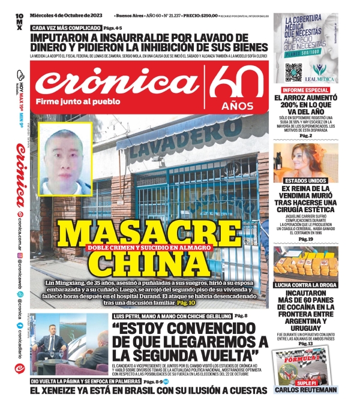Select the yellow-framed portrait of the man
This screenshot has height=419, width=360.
click(67, 159)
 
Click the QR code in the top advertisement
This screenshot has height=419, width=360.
click(293, 71)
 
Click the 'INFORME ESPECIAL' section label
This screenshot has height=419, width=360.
click(300, 90)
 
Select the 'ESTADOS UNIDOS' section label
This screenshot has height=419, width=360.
click(301, 180)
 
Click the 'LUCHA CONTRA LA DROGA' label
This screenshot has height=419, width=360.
click(305, 285)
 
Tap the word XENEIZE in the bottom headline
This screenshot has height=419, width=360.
click(73, 390)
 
